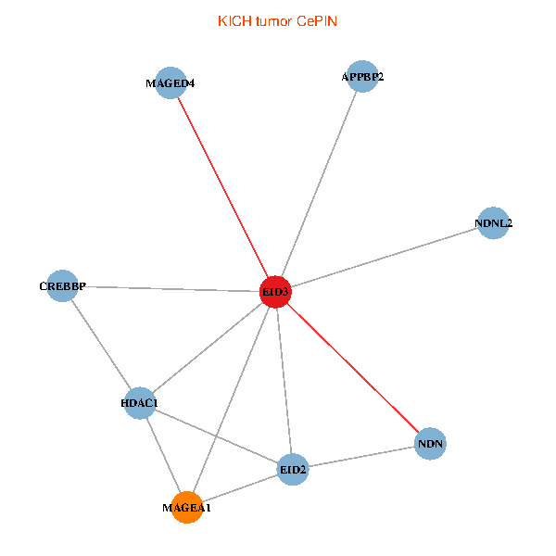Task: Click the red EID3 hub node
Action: pos(276,292)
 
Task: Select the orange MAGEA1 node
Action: pos(187,508)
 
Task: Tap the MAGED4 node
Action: pos(171,83)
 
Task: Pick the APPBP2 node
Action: pos(363,77)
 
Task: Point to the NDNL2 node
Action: pos(493,223)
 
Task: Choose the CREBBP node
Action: pos(62,286)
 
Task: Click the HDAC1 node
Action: pos(139,403)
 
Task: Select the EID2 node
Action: pos(293,470)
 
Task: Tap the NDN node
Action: pos(431,444)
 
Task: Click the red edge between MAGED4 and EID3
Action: pos(223,187)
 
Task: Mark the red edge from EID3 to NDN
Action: pos(353,368)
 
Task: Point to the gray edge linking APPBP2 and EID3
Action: pos(320,184)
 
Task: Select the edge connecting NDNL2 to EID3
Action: pos(385,258)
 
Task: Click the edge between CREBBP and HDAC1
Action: pos(100,345)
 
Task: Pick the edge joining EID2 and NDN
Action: pos(361,457)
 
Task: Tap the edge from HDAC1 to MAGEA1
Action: pos(163,455)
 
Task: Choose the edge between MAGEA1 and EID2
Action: pos(240,488)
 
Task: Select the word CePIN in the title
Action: pos(317,21)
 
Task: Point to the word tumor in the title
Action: pos(272,21)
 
